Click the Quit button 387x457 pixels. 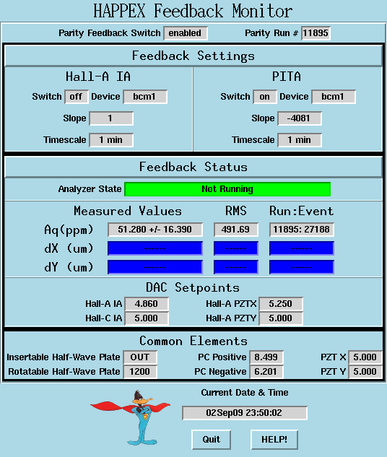[212, 440]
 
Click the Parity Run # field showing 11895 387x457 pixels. [316, 33]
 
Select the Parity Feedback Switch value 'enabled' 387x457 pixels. [186, 33]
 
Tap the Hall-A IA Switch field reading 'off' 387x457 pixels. [76, 97]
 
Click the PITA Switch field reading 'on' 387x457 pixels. [264, 97]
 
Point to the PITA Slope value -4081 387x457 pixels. [300, 118]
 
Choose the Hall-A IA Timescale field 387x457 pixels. [111, 140]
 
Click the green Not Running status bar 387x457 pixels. [227, 189]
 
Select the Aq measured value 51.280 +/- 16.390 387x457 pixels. [155, 230]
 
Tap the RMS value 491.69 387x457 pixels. [236, 230]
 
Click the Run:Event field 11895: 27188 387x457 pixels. [302, 230]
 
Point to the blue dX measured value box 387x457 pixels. [155, 248]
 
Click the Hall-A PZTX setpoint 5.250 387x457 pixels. [281, 304]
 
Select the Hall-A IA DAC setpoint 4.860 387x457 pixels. [147, 304]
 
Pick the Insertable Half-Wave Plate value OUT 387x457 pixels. [140, 357]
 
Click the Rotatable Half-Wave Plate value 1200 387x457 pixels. [140, 372]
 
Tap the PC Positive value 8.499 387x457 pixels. [266, 357]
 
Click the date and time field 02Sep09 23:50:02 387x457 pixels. [245, 413]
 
